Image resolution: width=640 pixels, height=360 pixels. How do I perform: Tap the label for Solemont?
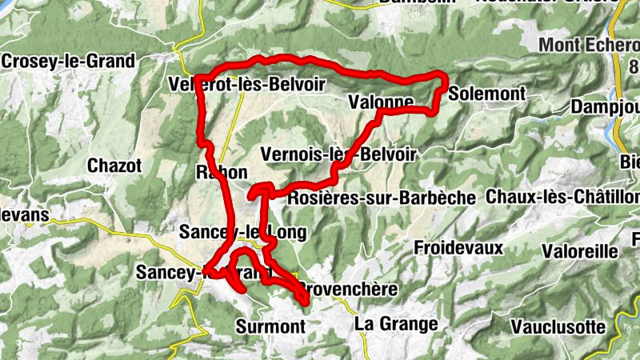pyautogui.click(x=487, y=94)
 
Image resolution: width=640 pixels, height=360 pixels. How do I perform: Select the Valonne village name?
pyautogui.click(x=381, y=102)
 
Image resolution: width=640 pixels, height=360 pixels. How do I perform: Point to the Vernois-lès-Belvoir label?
pyautogui.click(x=339, y=154)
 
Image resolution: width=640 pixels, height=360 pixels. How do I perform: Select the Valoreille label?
pyautogui.click(x=580, y=250)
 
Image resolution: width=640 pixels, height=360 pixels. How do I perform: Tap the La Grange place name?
pyautogui.click(x=397, y=324)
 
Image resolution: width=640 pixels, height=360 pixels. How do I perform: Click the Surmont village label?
pyautogui.click(x=271, y=326)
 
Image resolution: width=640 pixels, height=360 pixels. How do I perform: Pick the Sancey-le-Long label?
pyautogui.click(x=243, y=231)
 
